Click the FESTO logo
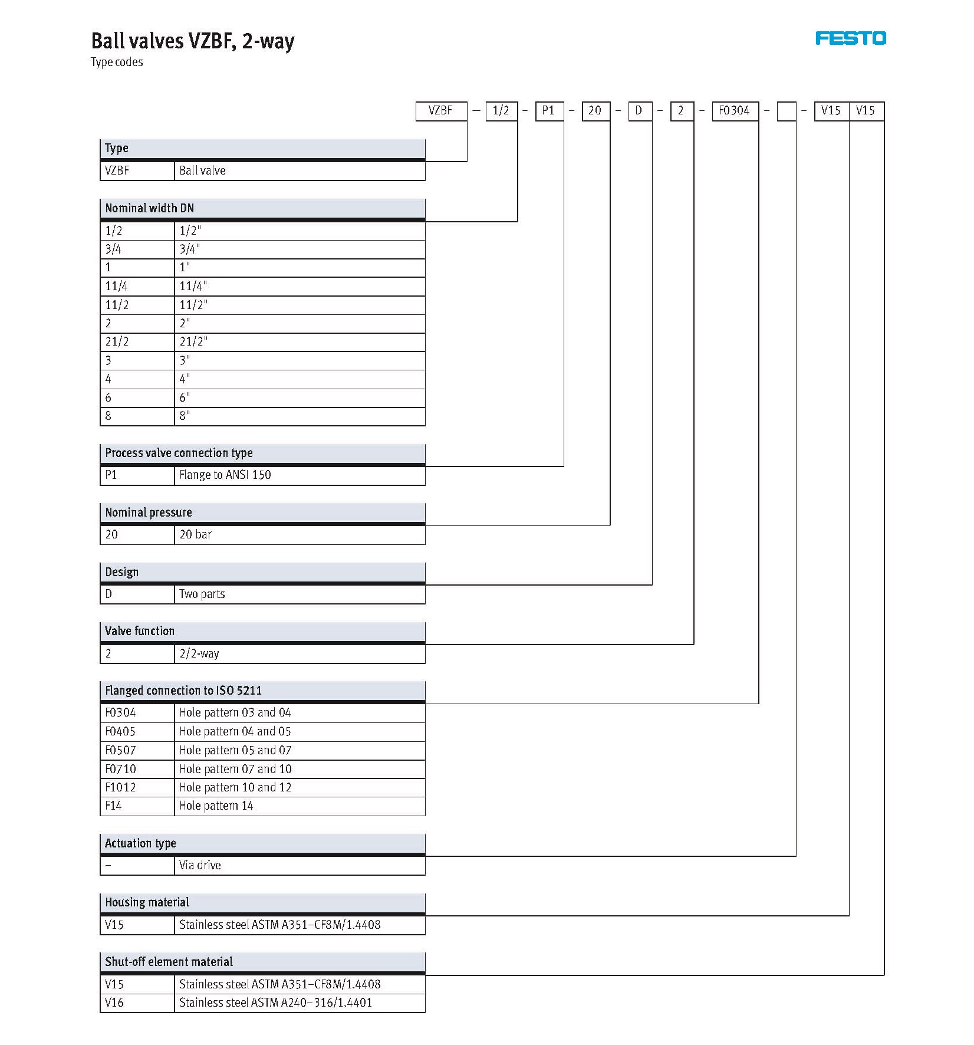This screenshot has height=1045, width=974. [x=850, y=38]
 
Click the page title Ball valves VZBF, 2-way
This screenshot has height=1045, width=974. [x=192, y=41]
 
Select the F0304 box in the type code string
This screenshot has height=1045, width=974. [x=734, y=111]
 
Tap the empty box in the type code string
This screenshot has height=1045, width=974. [x=787, y=111]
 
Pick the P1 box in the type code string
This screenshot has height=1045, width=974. [x=549, y=111]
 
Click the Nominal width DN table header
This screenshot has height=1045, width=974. [x=262, y=208]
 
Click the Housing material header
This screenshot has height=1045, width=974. [x=262, y=902]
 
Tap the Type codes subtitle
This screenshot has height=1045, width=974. [x=117, y=63]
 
